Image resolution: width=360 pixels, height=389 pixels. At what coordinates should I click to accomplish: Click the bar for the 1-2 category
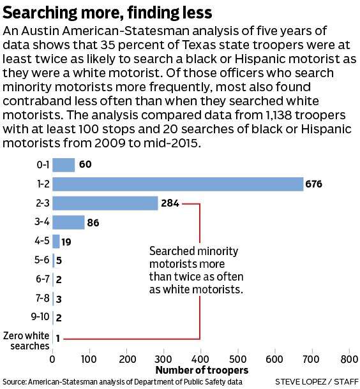[x=177, y=184]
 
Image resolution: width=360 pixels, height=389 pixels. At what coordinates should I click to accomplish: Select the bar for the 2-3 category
[x=105, y=203]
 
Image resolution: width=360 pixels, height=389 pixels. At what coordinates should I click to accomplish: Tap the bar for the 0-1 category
[x=63, y=165]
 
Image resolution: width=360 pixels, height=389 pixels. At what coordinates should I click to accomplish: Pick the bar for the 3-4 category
[x=68, y=223]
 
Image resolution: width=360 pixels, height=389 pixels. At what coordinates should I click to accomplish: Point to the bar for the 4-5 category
[x=56, y=242]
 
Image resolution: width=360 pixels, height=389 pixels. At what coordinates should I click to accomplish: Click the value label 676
[x=314, y=185]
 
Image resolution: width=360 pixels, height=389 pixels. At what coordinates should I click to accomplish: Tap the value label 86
[x=93, y=223]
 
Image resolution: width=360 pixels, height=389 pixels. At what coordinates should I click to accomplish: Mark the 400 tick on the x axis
[x=200, y=360]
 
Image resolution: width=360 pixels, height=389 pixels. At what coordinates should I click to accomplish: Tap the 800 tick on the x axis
[x=349, y=360]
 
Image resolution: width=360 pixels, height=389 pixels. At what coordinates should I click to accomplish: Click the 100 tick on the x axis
[x=89, y=360]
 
